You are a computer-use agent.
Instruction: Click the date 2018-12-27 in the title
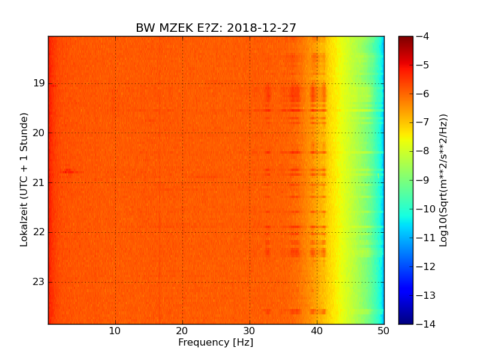click(262, 28)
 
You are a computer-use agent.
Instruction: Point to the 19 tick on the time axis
click(38, 83)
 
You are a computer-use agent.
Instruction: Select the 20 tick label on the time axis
click(38, 133)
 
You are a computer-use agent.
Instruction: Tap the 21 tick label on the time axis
click(38, 182)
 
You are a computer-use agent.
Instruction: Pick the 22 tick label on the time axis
click(38, 232)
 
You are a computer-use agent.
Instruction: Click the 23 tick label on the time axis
click(38, 282)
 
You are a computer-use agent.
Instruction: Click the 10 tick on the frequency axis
click(115, 331)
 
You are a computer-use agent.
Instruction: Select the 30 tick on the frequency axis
click(250, 331)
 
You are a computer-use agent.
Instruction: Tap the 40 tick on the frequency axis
click(317, 331)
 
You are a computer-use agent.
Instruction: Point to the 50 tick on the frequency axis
click(384, 331)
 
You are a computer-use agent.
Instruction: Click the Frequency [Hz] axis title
click(216, 343)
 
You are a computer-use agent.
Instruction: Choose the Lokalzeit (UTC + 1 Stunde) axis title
click(25, 179)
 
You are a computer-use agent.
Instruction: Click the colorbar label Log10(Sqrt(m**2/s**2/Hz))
click(444, 180)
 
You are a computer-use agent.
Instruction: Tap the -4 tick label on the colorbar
click(422, 37)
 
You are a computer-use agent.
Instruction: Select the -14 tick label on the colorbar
click(424, 324)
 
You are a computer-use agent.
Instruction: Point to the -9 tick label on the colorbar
click(422, 180)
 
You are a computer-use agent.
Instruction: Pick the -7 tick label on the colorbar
click(422, 122)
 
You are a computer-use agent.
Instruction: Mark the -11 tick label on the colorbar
click(424, 238)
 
